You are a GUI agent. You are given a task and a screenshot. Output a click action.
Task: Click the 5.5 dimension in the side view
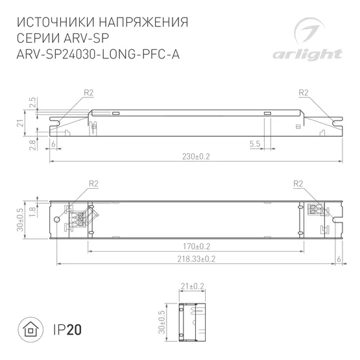coord(254,143)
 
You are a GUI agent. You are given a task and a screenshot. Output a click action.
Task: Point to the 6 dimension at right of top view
coord(339,259)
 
